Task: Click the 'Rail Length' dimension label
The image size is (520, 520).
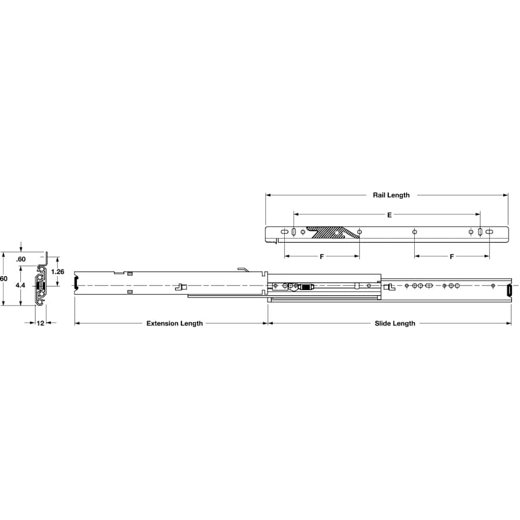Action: pyautogui.click(x=391, y=195)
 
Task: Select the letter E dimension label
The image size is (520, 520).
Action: pyautogui.click(x=389, y=215)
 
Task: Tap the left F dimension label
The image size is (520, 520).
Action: pyautogui.click(x=321, y=257)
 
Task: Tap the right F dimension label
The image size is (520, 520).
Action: pyautogui.click(x=451, y=257)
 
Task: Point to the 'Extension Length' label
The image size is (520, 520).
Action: pyautogui.click(x=174, y=323)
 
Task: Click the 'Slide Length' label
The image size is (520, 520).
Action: pyautogui.click(x=395, y=323)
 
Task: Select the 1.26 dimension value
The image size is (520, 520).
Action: pyautogui.click(x=57, y=272)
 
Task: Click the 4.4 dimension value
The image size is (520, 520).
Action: pyautogui.click(x=20, y=285)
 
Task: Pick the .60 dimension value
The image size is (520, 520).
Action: pyautogui.click(x=21, y=259)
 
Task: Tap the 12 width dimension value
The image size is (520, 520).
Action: pyautogui.click(x=40, y=322)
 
